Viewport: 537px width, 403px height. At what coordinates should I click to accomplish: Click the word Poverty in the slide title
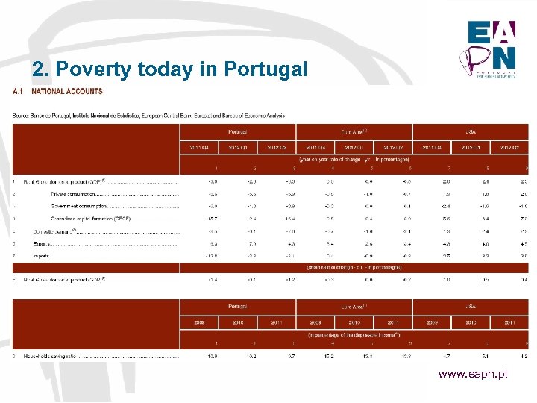(88, 69)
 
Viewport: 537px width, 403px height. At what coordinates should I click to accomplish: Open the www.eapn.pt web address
(472, 373)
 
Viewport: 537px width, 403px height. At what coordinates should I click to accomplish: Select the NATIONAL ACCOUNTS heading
(67, 92)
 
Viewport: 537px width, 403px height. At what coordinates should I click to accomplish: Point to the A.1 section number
(18, 92)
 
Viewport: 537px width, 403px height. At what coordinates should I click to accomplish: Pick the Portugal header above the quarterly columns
(238, 131)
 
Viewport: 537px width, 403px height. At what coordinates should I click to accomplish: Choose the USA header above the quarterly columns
(471, 131)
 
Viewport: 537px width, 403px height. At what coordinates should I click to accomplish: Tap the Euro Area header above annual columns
(354, 307)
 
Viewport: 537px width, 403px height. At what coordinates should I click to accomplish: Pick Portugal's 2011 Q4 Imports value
(213, 256)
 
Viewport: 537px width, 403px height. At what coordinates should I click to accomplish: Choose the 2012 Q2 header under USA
(509, 147)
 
